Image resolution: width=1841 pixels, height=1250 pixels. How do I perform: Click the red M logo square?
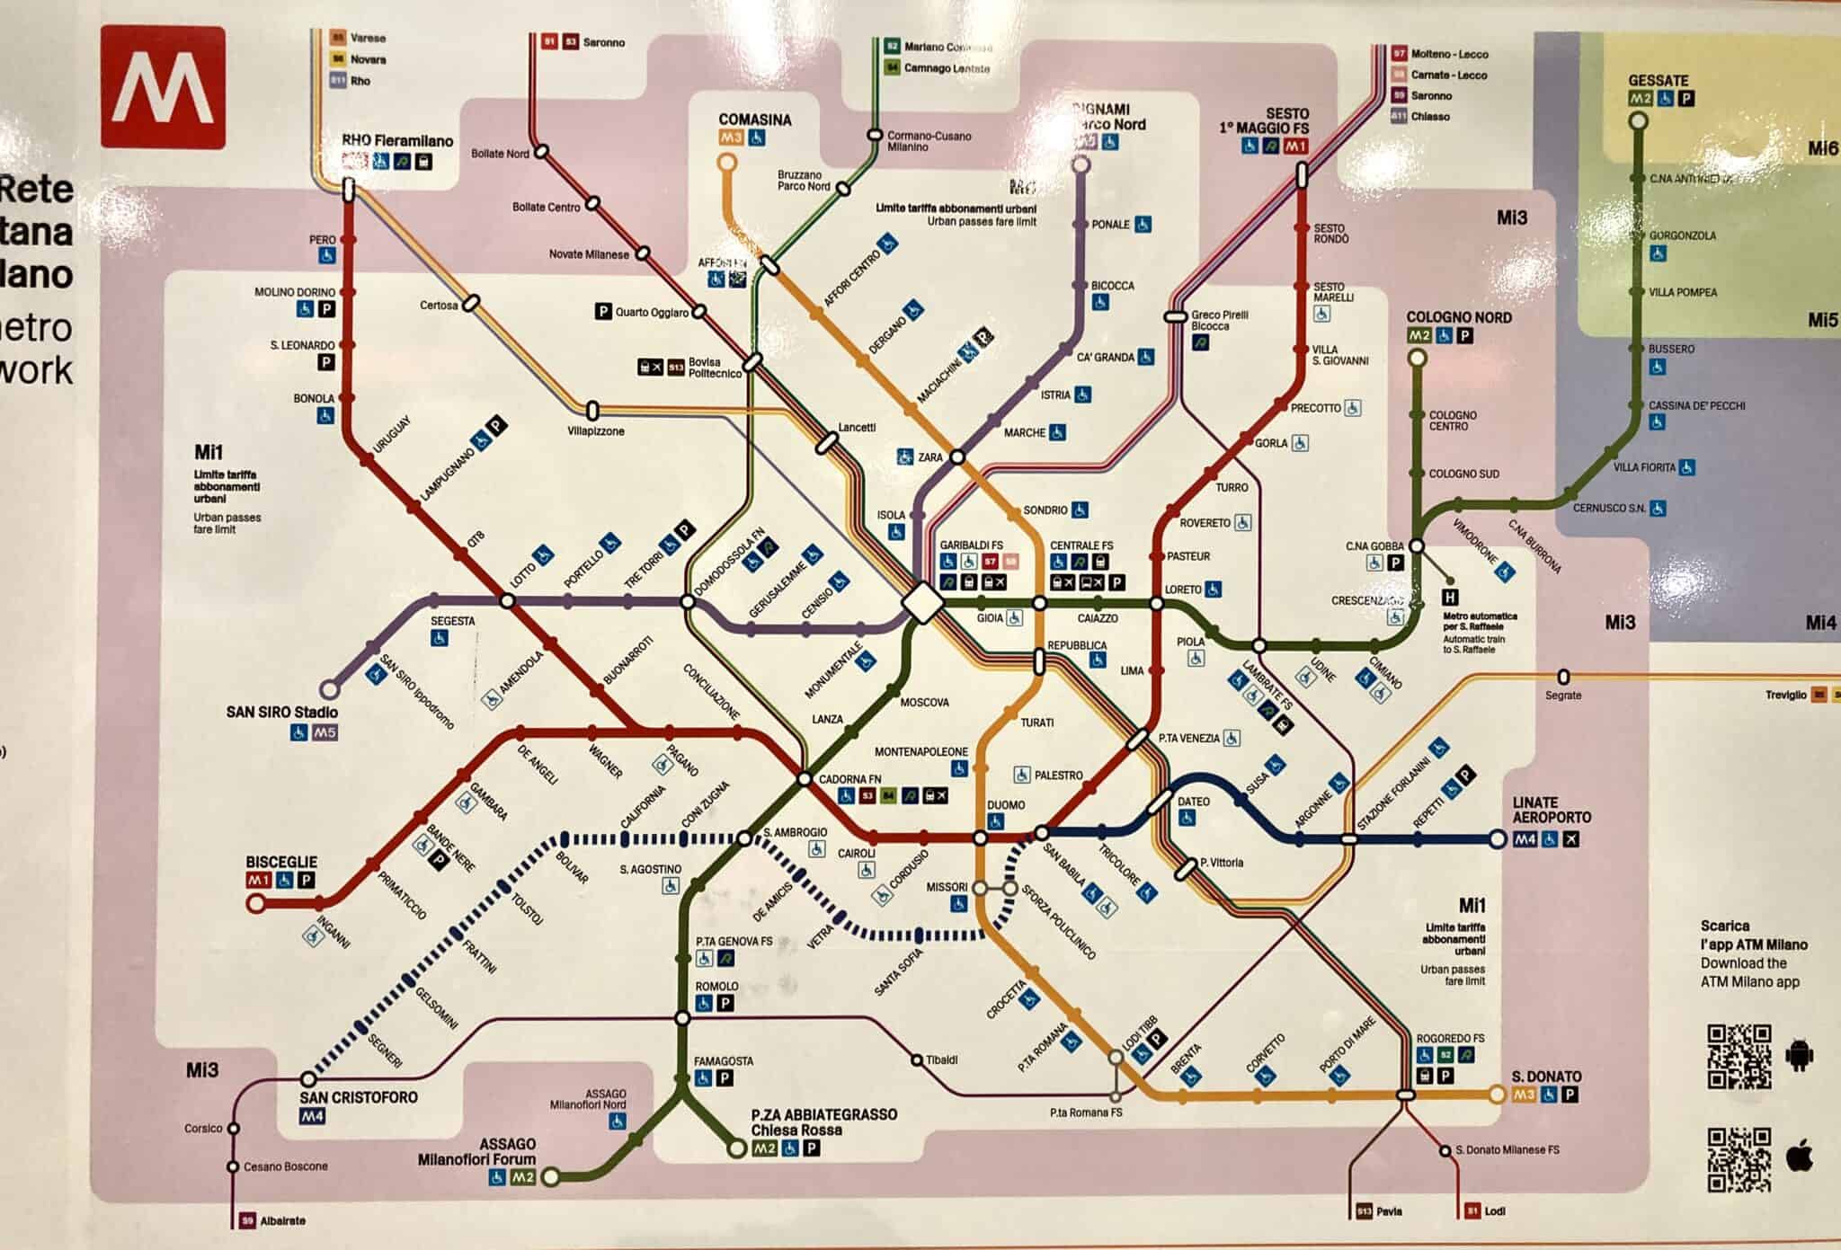point(163,87)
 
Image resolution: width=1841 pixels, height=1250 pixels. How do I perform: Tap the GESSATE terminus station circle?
point(1638,121)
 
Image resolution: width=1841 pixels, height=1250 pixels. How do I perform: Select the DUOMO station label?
point(1005,805)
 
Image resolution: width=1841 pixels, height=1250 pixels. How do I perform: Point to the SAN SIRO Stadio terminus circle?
point(330,689)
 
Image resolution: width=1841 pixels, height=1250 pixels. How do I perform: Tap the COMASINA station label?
point(754,120)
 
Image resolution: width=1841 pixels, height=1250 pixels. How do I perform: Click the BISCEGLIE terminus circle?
point(256,903)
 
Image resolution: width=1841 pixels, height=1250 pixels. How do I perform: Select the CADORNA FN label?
point(849,779)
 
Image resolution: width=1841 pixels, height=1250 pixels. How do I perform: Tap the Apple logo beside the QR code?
point(1799,1157)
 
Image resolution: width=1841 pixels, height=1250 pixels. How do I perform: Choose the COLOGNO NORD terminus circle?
point(1417,358)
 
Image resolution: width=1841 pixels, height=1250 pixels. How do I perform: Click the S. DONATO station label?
point(1546,1076)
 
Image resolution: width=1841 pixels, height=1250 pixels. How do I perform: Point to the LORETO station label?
point(1183,590)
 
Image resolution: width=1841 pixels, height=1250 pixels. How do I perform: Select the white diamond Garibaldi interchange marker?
point(922,602)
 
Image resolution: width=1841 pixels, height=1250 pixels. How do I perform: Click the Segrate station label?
point(1563,695)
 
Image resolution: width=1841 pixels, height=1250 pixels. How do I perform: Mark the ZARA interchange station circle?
point(958,457)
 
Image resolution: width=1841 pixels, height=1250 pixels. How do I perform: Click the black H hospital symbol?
point(1449,597)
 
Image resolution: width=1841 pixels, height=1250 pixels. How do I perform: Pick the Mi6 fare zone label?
point(1822,149)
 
